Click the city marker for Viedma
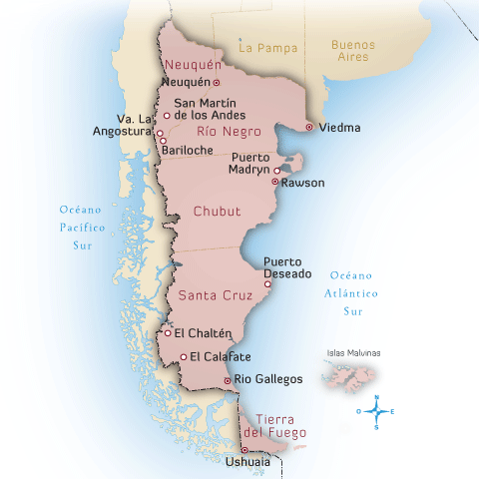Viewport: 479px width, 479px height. coord(309,127)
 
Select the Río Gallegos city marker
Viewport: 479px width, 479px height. coord(229,380)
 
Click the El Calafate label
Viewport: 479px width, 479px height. coord(220,356)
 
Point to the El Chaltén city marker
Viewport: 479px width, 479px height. coord(168,333)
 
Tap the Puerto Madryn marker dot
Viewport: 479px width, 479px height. coord(276,171)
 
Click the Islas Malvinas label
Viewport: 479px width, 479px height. coord(353,353)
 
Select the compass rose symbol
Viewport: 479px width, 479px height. coord(376,411)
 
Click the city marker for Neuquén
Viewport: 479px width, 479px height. coord(216,82)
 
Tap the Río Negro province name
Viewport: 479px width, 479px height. coord(222,131)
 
